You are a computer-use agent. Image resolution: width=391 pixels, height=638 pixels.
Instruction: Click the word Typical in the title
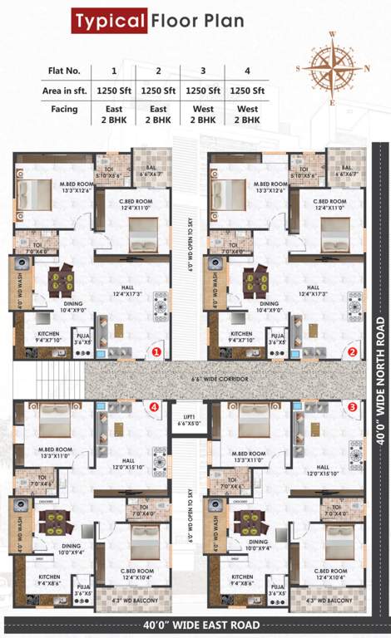(108, 20)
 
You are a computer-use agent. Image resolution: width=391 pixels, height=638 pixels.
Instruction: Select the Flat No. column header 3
(202, 71)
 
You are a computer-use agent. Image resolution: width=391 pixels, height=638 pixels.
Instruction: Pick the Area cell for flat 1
(115, 90)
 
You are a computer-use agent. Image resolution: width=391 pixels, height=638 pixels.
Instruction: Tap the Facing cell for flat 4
(247, 114)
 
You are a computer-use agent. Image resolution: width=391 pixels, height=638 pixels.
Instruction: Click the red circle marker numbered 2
(352, 351)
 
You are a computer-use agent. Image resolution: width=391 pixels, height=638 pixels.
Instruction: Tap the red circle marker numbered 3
(352, 407)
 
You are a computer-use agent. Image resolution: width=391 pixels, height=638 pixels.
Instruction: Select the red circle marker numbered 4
(155, 407)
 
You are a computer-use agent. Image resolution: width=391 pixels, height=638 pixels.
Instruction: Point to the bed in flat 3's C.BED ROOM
(339, 542)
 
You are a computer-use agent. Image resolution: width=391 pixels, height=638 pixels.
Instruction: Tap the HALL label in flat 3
(322, 467)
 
